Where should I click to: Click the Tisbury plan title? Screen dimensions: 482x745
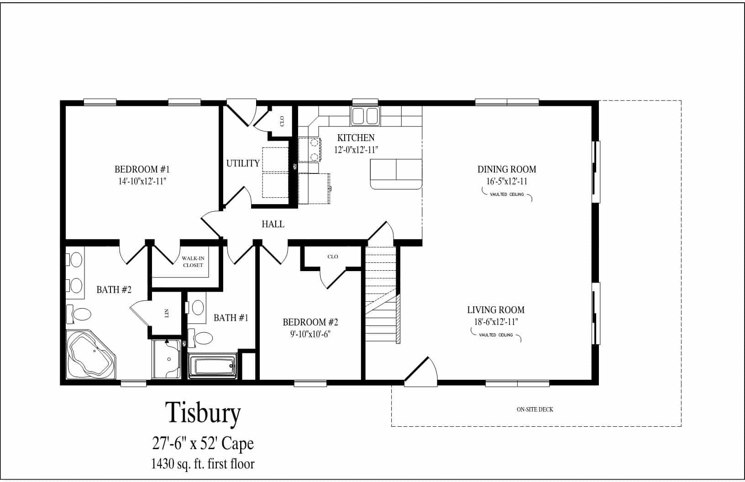(203, 414)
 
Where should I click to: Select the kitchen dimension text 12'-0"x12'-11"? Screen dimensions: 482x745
(356, 149)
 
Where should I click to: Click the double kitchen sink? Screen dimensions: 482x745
(365, 115)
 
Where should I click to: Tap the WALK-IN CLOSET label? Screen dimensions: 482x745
(193, 262)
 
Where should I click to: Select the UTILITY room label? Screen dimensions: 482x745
(243, 163)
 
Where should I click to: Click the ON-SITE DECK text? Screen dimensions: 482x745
(535, 409)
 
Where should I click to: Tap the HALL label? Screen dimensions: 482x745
(273, 224)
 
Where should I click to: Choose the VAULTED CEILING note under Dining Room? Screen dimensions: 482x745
(507, 194)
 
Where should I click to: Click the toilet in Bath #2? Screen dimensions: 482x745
(79, 314)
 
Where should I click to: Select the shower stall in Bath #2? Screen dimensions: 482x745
(167, 360)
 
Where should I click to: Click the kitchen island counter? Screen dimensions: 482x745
(396, 174)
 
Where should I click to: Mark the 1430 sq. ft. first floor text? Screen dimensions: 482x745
(203, 464)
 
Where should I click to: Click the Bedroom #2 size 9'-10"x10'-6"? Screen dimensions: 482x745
(310, 334)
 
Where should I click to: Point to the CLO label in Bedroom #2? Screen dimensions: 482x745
(333, 257)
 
